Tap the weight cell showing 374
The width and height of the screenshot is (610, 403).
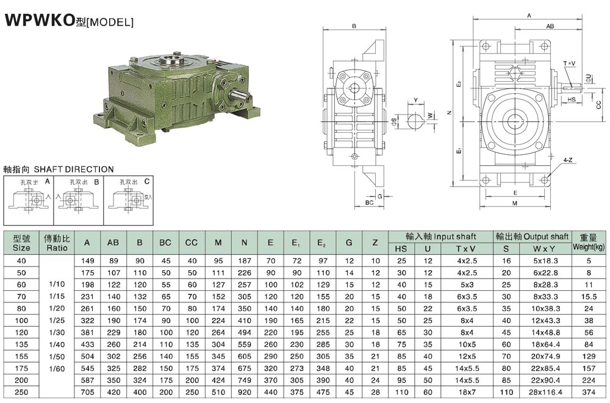point(589,392)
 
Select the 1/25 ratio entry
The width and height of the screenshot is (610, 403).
point(57,321)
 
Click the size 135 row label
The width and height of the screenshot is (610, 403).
point(21,344)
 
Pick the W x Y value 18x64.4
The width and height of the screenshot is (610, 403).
point(546,344)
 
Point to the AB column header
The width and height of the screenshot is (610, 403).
point(113,243)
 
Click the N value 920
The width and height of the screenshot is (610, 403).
point(245,392)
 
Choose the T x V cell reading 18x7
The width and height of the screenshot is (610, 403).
point(467,392)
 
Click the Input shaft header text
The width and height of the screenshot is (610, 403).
point(455,237)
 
